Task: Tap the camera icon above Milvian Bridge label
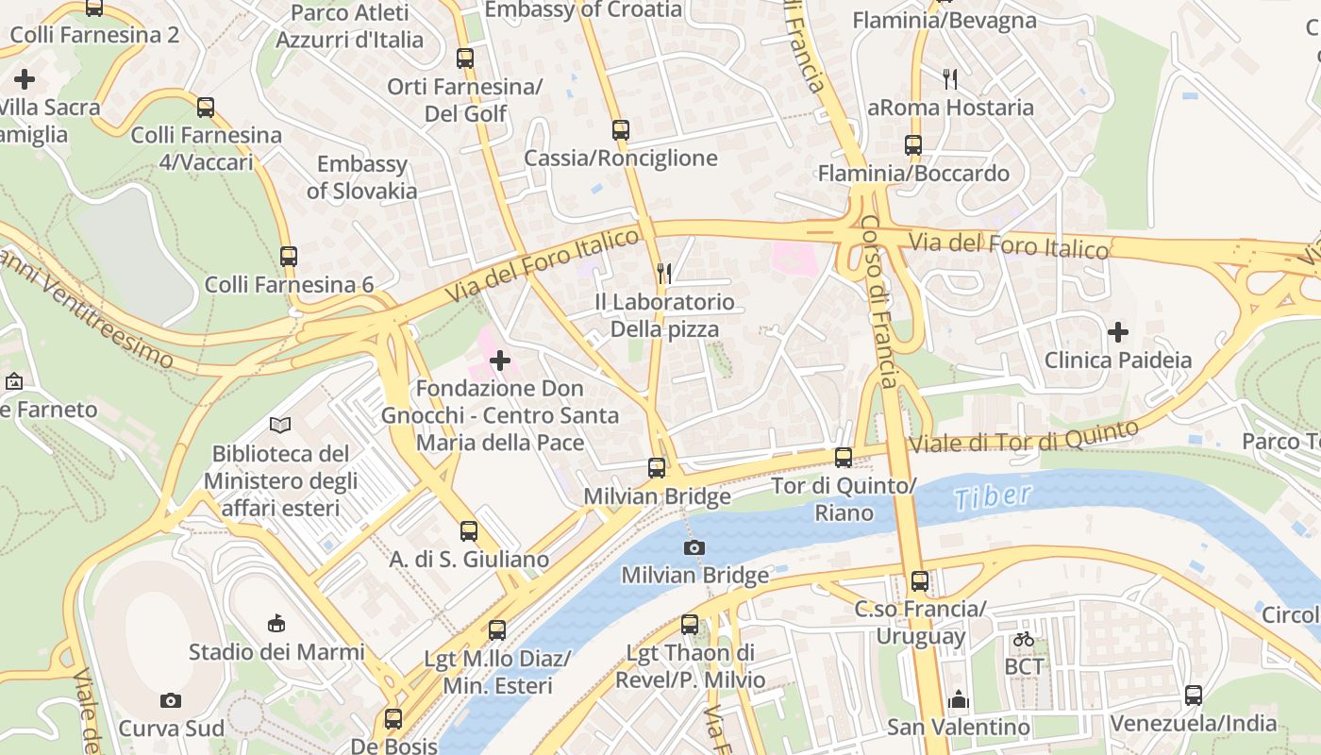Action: (694, 547)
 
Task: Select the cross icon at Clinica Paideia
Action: (1118, 332)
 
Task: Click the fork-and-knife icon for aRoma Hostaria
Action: (950, 79)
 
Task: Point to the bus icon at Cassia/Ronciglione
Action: (620, 130)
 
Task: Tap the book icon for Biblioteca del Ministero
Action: (280, 425)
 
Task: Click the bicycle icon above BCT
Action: (1024, 639)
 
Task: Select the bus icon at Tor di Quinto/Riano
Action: (844, 458)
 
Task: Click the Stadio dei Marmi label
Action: (276, 652)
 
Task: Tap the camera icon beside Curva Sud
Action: (171, 700)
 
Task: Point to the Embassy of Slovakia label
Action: (361, 177)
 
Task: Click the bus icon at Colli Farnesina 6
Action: (289, 256)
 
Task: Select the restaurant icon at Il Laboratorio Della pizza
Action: (664, 274)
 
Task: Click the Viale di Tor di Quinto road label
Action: (1023, 436)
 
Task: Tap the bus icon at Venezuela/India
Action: (1194, 696)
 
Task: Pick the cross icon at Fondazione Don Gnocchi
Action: (500, 361)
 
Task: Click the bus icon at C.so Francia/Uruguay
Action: (920, 581)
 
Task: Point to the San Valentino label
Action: (959, 728)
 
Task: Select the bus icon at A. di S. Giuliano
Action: (469, 531)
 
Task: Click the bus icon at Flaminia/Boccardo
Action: (913, 145)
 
